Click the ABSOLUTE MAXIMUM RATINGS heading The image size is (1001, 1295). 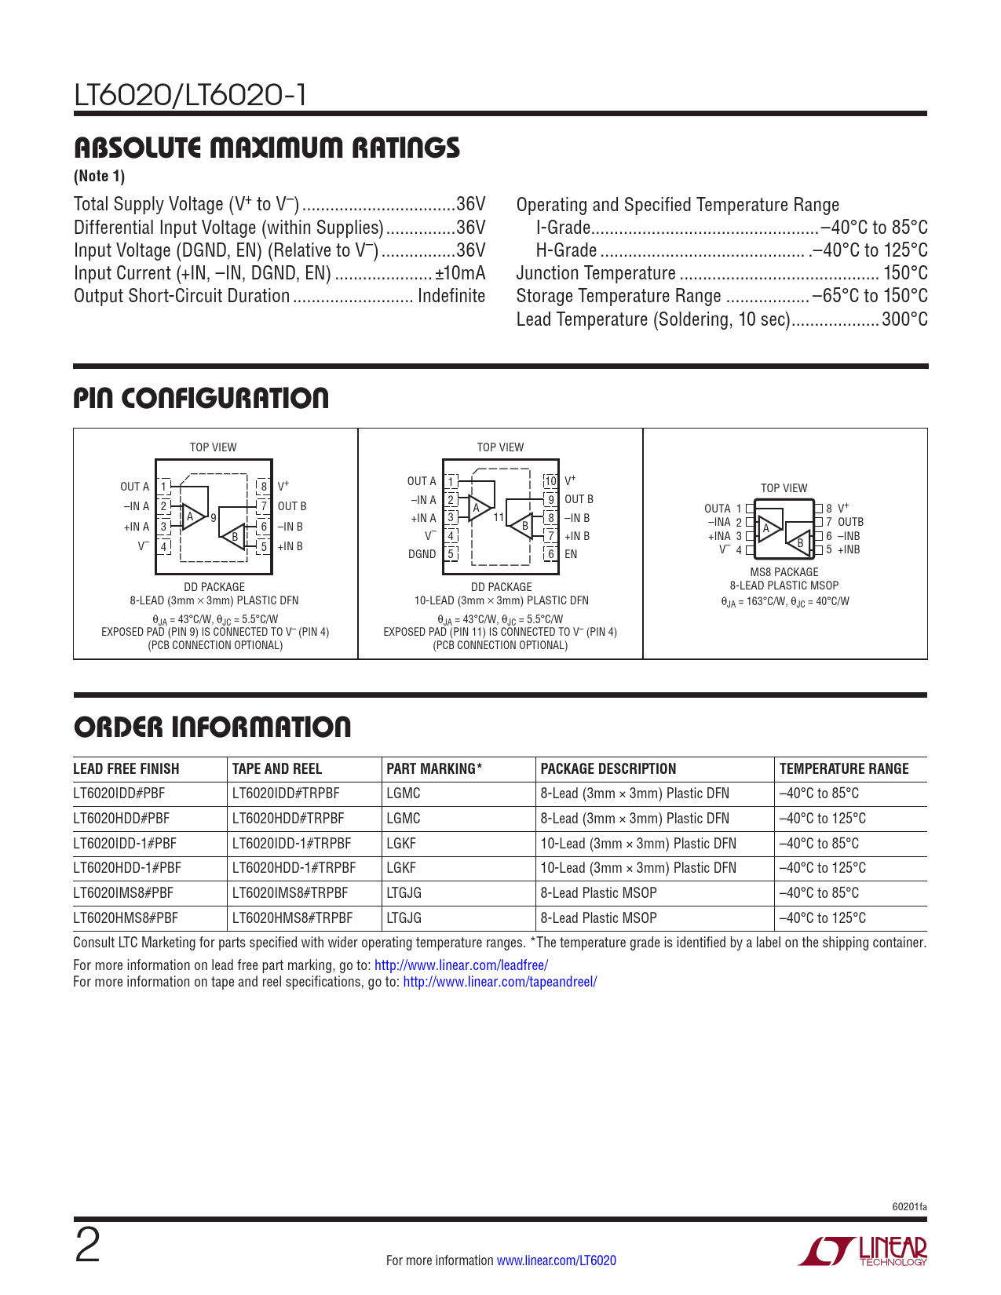[x=267, y=148]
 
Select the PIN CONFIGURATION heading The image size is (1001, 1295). [x=201, y=399]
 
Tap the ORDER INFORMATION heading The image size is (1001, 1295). [x=212, y=728]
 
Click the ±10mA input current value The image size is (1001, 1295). [x=460, y=273]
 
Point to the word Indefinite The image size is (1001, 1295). [x=451, y=296]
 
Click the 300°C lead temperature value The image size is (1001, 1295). [x=904, y=319]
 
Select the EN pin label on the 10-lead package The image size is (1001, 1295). [x=571, y=554]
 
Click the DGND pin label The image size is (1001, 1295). [x=422, y=554]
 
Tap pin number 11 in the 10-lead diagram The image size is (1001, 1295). [x=498, y=518]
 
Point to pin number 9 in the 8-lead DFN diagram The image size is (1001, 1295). [x=213, y=518]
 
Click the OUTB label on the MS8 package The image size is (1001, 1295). [x=850, y=522]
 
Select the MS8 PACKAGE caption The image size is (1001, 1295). [x=784, y=572]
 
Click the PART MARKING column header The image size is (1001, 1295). [x=434, y=769]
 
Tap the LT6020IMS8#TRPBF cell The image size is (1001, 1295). [x=290, y=893]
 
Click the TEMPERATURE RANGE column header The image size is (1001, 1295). [x=844, y=769]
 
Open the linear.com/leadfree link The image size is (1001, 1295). [x=461, y=965]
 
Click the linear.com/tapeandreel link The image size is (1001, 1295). [x=499, y=982]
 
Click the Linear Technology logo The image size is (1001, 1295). [x=863, y=1251]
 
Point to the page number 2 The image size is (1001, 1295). [x=87, y=1246]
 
